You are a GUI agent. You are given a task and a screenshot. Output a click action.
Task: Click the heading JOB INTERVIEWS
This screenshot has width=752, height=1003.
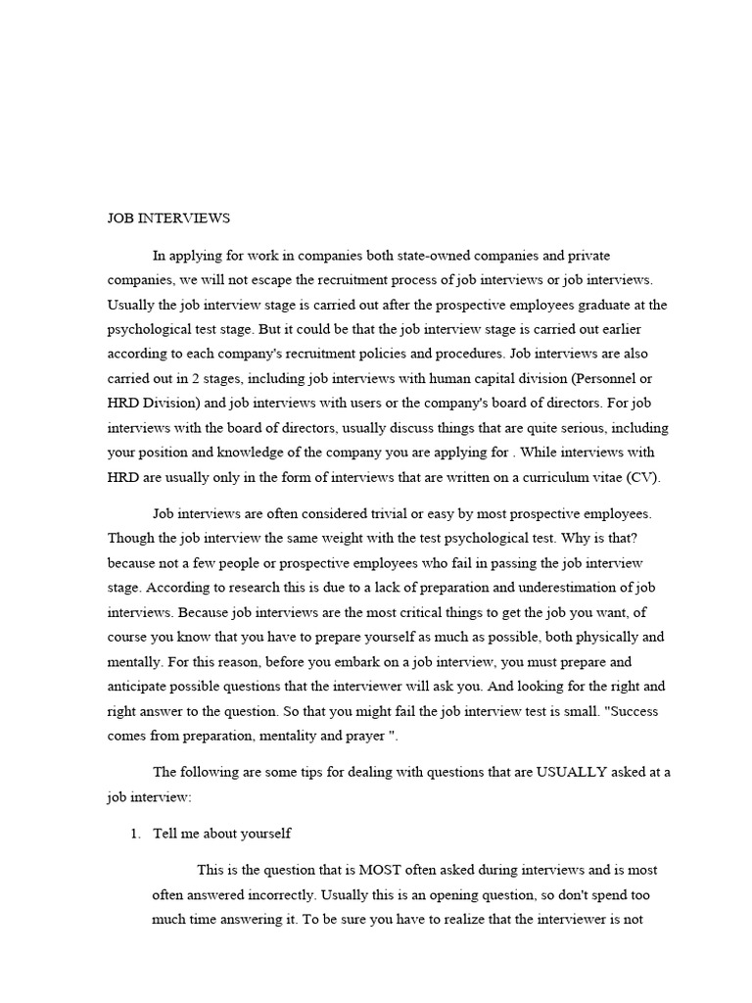tap(168, 218)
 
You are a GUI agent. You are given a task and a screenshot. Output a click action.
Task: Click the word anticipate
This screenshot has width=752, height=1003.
tap(139, 686)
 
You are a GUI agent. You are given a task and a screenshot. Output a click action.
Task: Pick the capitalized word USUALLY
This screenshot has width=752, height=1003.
tap(570, 772)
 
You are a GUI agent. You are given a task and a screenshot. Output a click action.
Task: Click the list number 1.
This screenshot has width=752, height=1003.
tap(136, 834)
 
